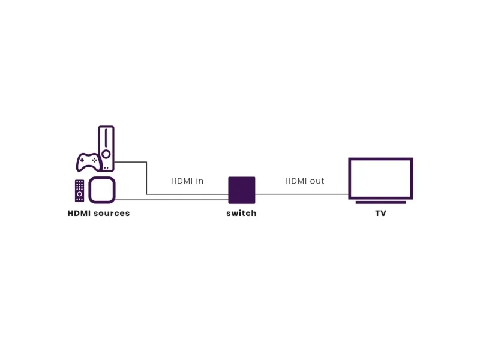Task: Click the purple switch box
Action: click(x=242, y=190)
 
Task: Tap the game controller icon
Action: click(x=88, y=162)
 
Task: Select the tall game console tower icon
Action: click(x=106, y=148)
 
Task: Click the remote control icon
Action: click(x=80, y=191)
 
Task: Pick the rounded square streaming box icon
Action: click(x=102, y=190)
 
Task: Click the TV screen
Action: click(x=380, y=178)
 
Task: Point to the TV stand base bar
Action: click(x=380, y=202)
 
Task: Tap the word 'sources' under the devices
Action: click(x=112, y=214)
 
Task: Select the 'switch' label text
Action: click(x=242, y=213)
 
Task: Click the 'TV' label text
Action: click(x=380, y=213)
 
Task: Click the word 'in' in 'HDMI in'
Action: click(x=200, y=181)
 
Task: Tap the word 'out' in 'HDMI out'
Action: click(x=317, y=181)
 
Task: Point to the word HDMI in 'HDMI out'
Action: click(x=296, y=181)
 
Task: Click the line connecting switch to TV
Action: click(x=302, y=194)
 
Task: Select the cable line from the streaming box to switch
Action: click(x=172, y=200)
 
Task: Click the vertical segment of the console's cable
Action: click(x=146, y=178)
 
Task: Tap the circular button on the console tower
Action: click(x=106, y=154)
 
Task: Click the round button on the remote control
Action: click(x=80, y=194)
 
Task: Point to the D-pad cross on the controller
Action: click(x=82, y=160)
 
